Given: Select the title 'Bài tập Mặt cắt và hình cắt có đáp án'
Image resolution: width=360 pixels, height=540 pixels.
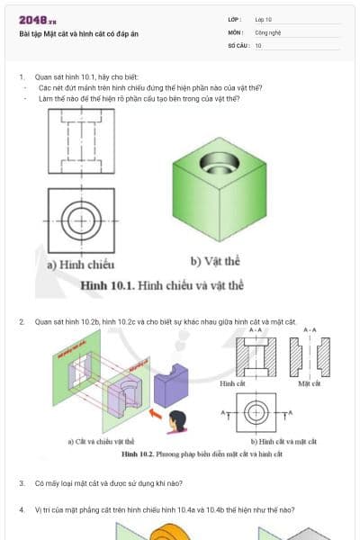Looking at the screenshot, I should pyautogui.click(x=78, y=34).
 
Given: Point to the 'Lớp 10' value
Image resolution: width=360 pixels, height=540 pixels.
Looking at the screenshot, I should pyautogui.click(x=263, y=19).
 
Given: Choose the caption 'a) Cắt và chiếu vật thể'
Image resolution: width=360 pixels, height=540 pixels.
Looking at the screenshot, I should pyautogui.click(x=101, y=442).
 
